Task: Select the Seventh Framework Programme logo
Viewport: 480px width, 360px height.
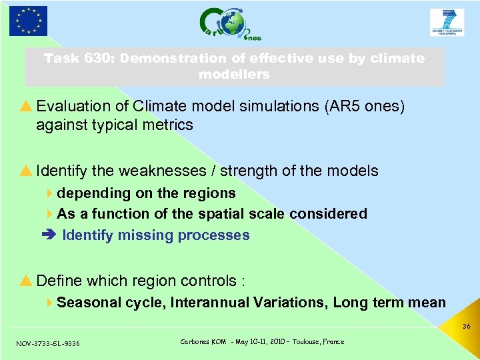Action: click(447, 23)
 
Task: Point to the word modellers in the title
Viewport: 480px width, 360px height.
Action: click(234, 74)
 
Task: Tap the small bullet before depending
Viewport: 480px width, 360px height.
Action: click(51, 193)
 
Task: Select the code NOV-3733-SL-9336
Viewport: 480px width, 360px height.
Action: click(48, 343)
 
